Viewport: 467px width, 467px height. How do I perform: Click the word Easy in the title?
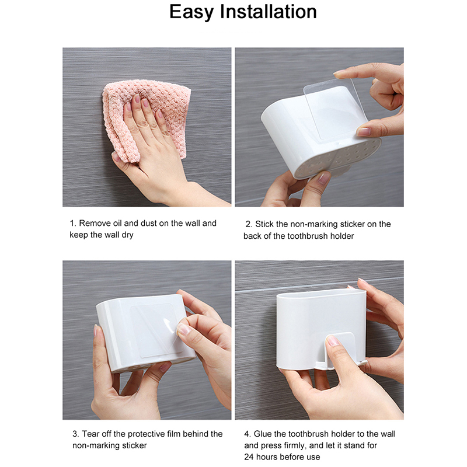[191, 12]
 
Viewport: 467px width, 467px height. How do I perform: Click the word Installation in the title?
[268, 12]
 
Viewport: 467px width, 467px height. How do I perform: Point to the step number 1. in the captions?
[73, 223]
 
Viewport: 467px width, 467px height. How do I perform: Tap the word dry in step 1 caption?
[127, 235]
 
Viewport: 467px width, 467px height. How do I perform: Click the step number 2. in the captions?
[249, 224]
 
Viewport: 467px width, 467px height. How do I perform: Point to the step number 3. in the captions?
[76, 434]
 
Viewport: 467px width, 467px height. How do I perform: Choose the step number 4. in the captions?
[248, 434]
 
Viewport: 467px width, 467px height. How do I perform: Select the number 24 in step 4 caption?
[249, 457]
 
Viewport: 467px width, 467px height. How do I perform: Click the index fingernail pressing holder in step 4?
[333, 340]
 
